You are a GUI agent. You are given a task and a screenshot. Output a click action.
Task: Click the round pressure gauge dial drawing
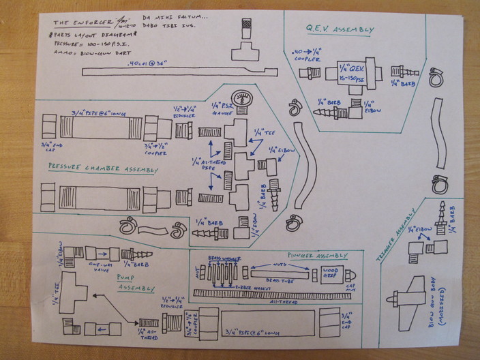click(240, 98)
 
